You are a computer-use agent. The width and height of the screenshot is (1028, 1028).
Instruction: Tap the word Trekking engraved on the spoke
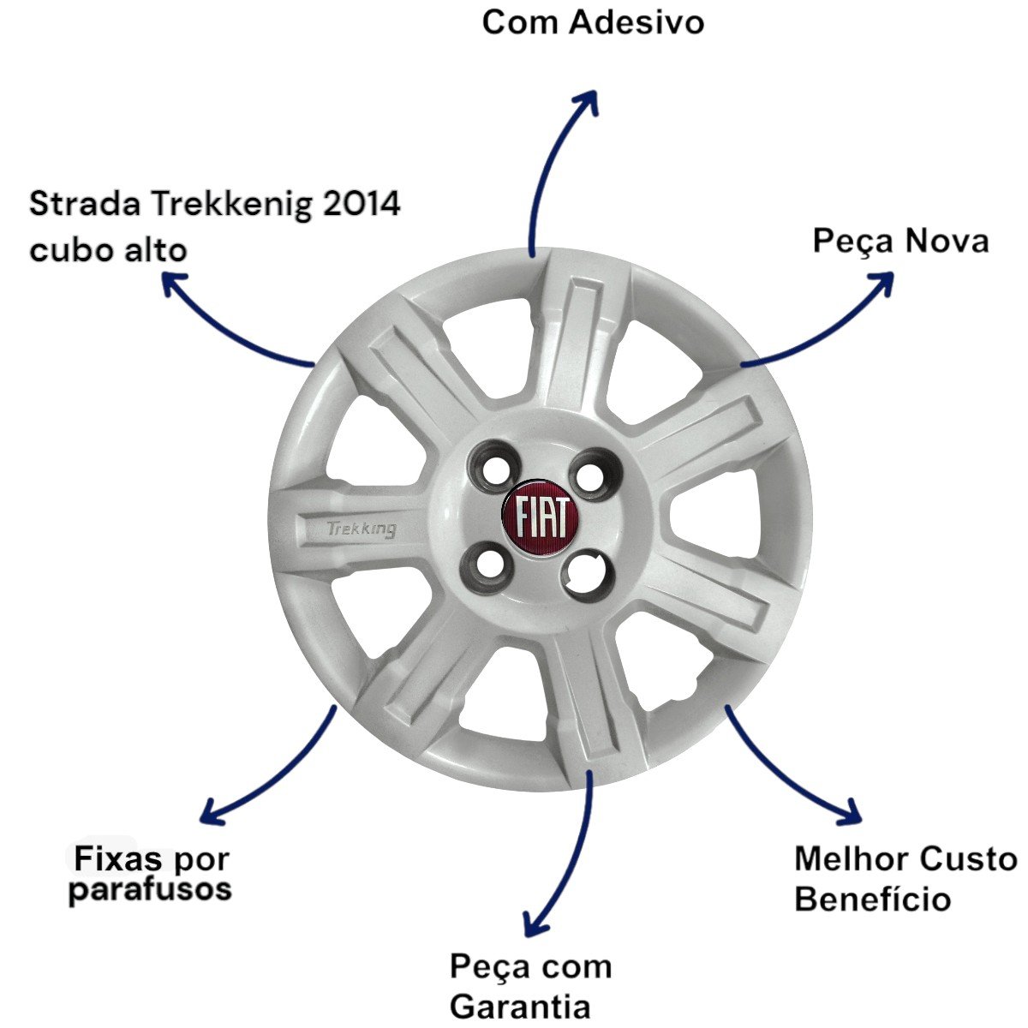pyautogui.click(x=362, y=529)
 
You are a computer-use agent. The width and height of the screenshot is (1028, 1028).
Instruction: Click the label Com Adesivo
pyautogui.click(x=593, y=22)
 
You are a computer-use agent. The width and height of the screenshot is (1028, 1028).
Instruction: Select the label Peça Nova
pyautogui.click(x=900, y=242)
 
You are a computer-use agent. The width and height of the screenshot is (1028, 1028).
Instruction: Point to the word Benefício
pyautogui.click(x=872, y=900)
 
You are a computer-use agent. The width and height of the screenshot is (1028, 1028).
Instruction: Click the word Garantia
pyautogui.click(x=520, y=1007)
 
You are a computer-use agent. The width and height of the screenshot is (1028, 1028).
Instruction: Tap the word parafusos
pyautogui.click(x=150, y=890)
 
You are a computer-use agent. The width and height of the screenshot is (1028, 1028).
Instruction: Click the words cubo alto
pyautogui.click(x=108, y=251)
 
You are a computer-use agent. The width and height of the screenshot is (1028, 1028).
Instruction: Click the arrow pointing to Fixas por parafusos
pyautogui.click(x=274, y=771)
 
